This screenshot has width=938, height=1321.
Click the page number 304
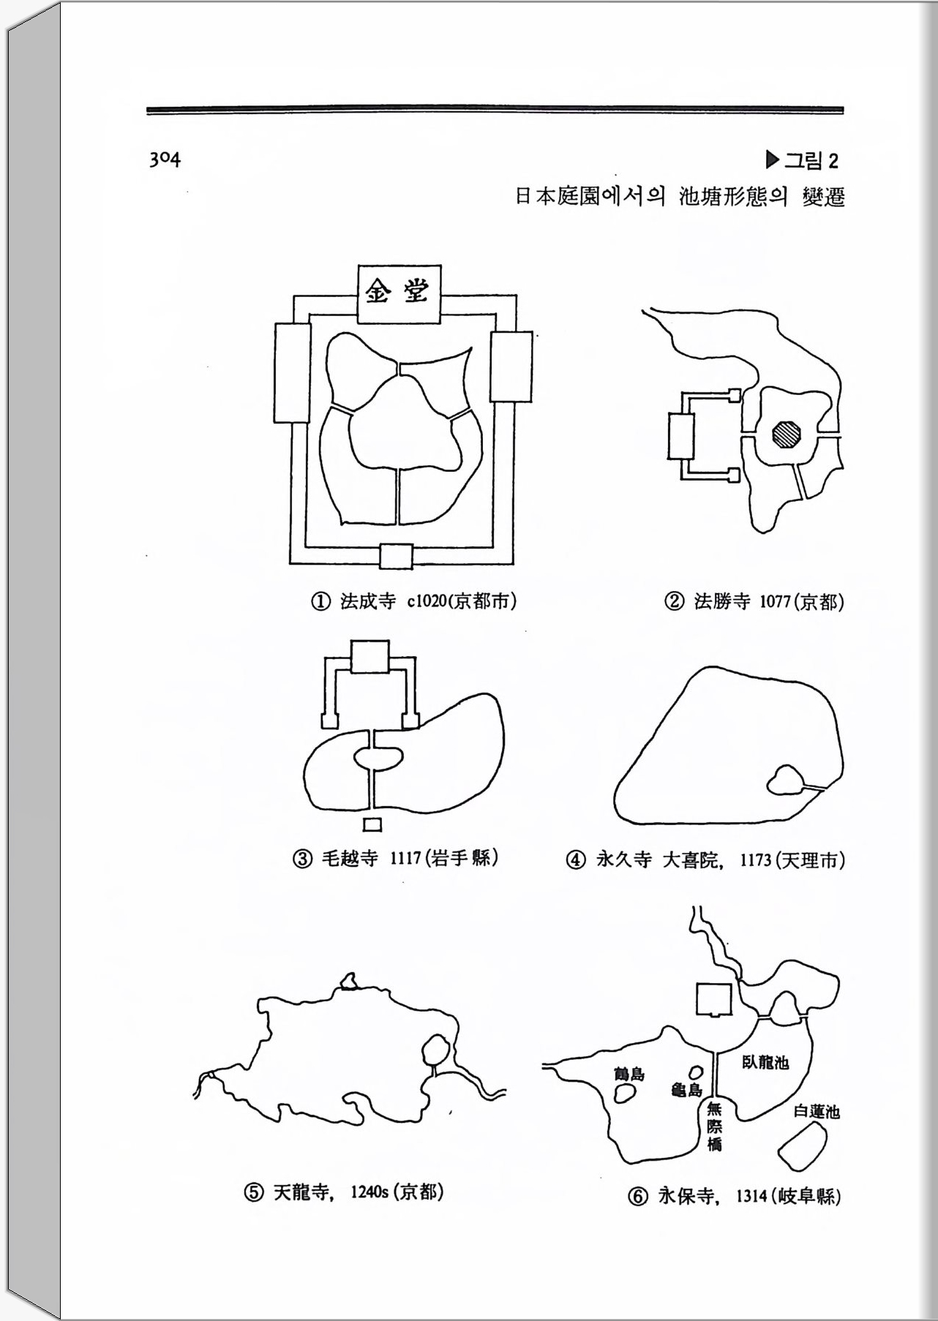165,159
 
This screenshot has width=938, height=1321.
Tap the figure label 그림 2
802,160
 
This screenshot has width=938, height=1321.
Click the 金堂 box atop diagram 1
399,294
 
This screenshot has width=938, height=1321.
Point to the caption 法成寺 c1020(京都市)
414,601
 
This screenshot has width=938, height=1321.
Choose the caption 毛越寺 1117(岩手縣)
396,857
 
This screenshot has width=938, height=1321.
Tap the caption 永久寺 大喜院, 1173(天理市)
706,859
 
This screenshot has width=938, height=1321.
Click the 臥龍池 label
765,1062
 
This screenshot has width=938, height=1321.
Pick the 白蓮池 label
817,1112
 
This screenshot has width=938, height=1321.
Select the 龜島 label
686,1090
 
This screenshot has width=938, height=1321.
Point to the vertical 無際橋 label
714,1126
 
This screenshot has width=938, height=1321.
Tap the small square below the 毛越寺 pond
372,824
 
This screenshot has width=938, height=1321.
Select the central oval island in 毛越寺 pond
378,758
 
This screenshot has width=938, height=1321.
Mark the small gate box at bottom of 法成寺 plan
396,556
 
